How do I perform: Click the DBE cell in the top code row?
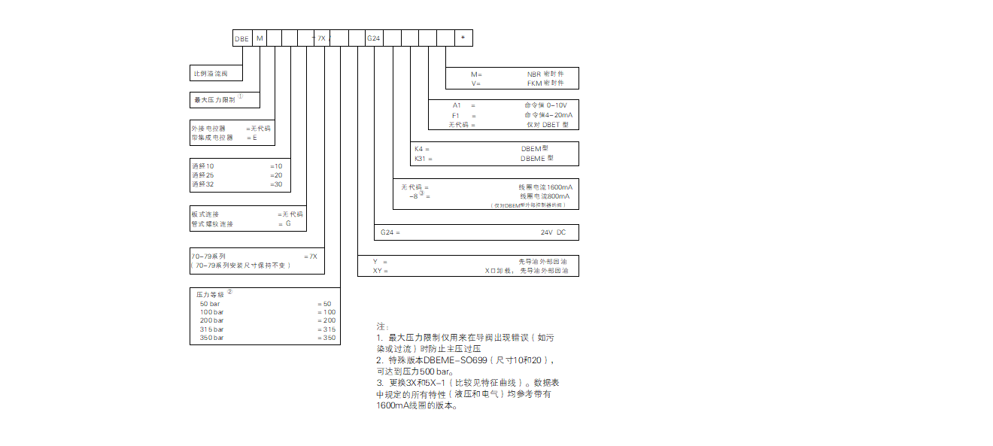[x=241, y=38]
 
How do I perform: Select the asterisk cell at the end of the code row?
[x=463, y=38]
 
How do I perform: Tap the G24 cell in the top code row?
[x=374, y=38]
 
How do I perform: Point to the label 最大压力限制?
[x=215, y=99]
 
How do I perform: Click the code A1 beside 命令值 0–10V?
[x=457, y=105]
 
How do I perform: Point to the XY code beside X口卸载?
[x=380, y=270]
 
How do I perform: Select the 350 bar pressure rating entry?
[x=211, y=338]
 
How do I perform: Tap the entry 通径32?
[x=203, y=184]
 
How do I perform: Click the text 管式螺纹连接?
[x=212, y=223]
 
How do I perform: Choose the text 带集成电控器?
[x=212, y=138]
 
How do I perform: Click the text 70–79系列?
[x=209, y=256]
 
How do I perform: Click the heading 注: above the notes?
[x=381, y=326]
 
